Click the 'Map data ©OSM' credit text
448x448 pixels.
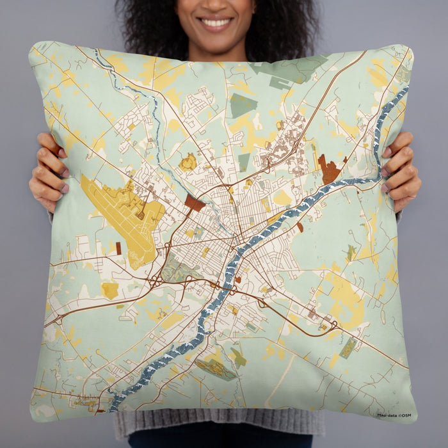[394, 415]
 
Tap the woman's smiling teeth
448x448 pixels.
[216, 23]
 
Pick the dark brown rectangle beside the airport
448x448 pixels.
[195, 204]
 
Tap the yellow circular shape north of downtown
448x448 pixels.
[188, 163]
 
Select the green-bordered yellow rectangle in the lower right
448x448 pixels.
[348, 348]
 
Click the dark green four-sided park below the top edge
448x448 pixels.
[243, 105]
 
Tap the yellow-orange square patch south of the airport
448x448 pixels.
[110, 290]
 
